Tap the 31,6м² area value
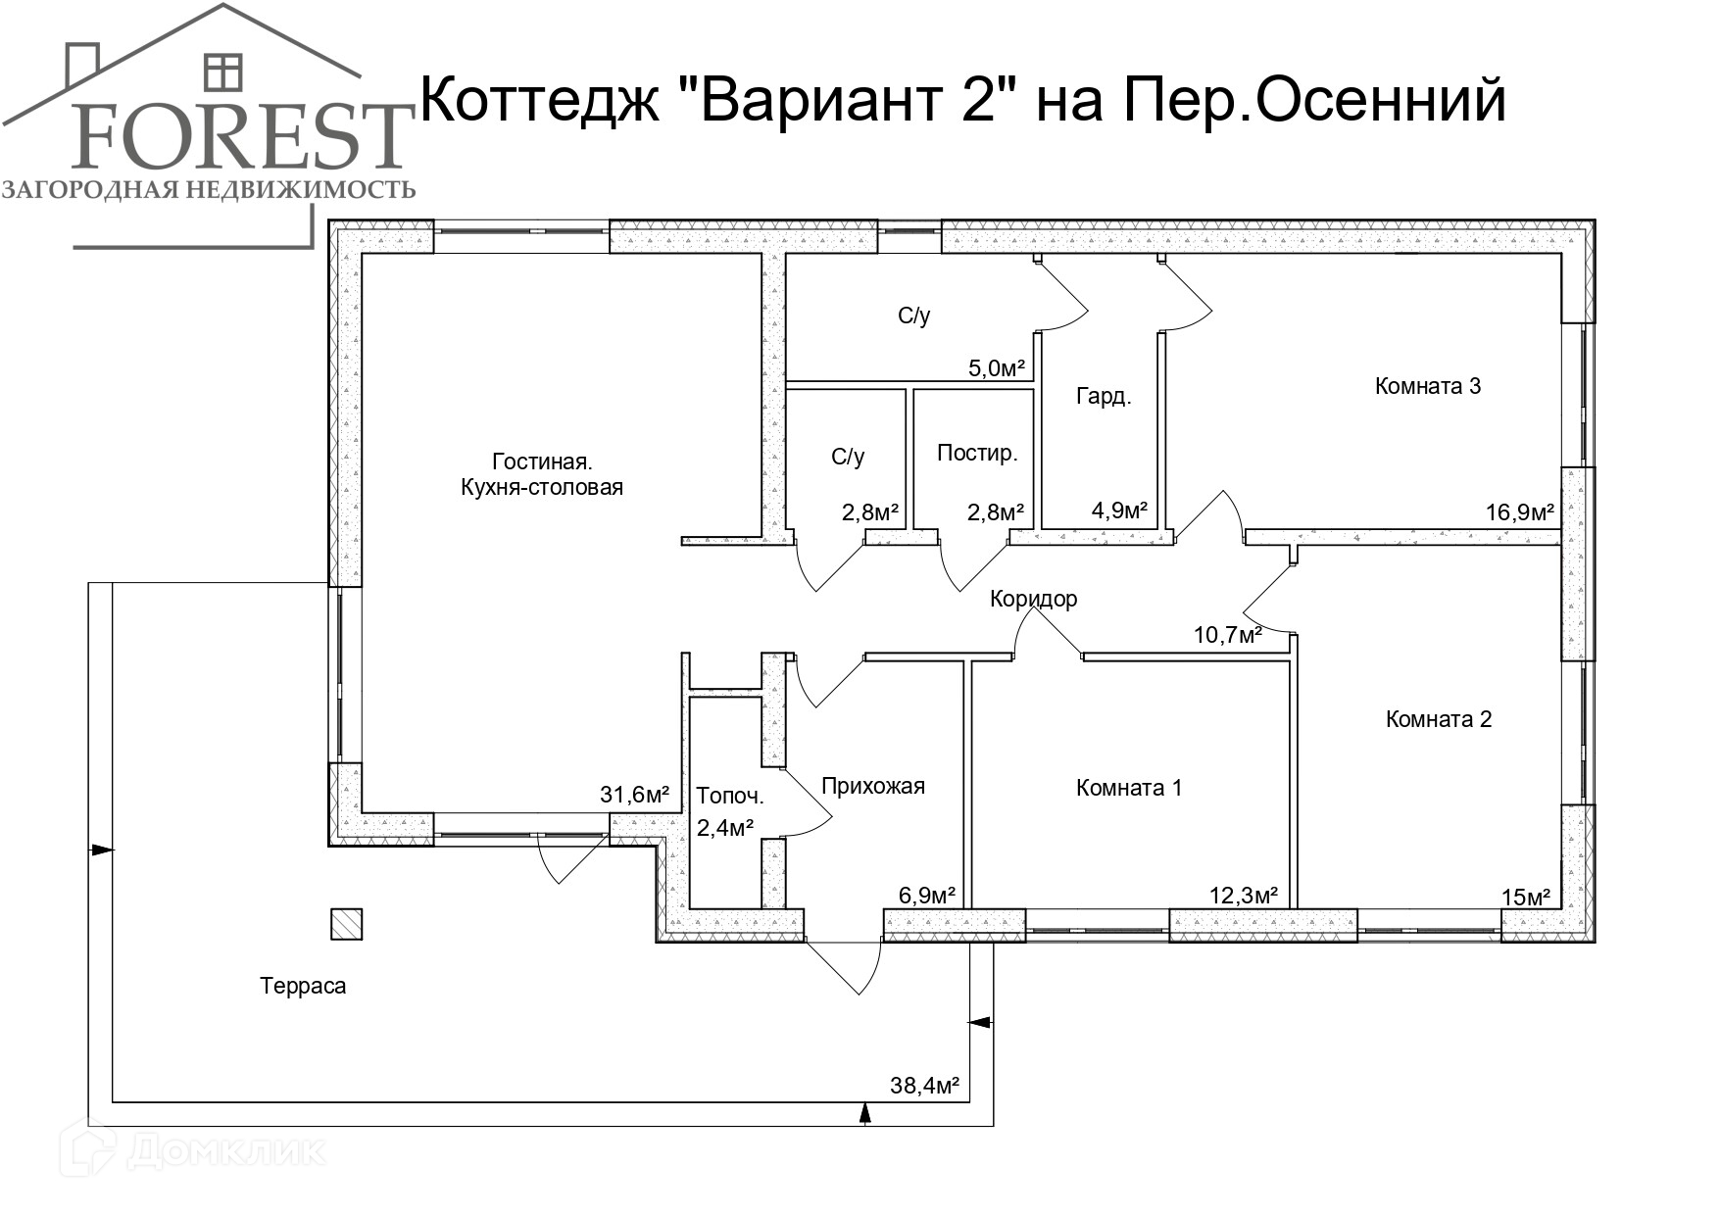634,795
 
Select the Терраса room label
303,986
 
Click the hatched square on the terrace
346,924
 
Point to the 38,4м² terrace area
923,1086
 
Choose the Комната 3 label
1427,386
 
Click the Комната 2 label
1438,719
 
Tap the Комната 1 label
1128,788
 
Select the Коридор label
1033,599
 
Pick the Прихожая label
872,786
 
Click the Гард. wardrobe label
1103,397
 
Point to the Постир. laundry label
977,453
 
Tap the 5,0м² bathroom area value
996,368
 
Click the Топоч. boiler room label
729,796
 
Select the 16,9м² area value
1520,512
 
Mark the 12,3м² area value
1243,896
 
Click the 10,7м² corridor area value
1227,635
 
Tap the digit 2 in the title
979,99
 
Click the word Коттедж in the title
543,101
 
